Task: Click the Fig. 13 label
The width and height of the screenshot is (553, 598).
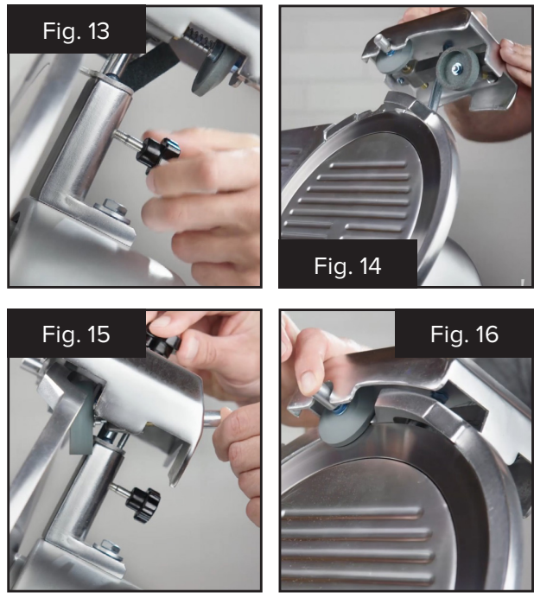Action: [76, 30]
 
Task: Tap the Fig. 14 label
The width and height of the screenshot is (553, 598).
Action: [347, 266]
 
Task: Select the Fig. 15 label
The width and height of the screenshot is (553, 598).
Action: [76, 334]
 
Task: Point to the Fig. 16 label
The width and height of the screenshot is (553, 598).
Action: [464, 334]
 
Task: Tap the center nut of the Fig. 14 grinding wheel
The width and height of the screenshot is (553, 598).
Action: [455, 68]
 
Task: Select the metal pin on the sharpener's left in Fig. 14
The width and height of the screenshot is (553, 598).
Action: [384, 43]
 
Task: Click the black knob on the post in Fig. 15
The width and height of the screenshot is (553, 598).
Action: [143, 504]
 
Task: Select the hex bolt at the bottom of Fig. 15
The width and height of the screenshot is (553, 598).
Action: [108, 550]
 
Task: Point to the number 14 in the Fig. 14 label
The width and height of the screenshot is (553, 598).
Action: [370, 266]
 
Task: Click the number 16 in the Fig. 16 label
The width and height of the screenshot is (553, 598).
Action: [487, 334]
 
